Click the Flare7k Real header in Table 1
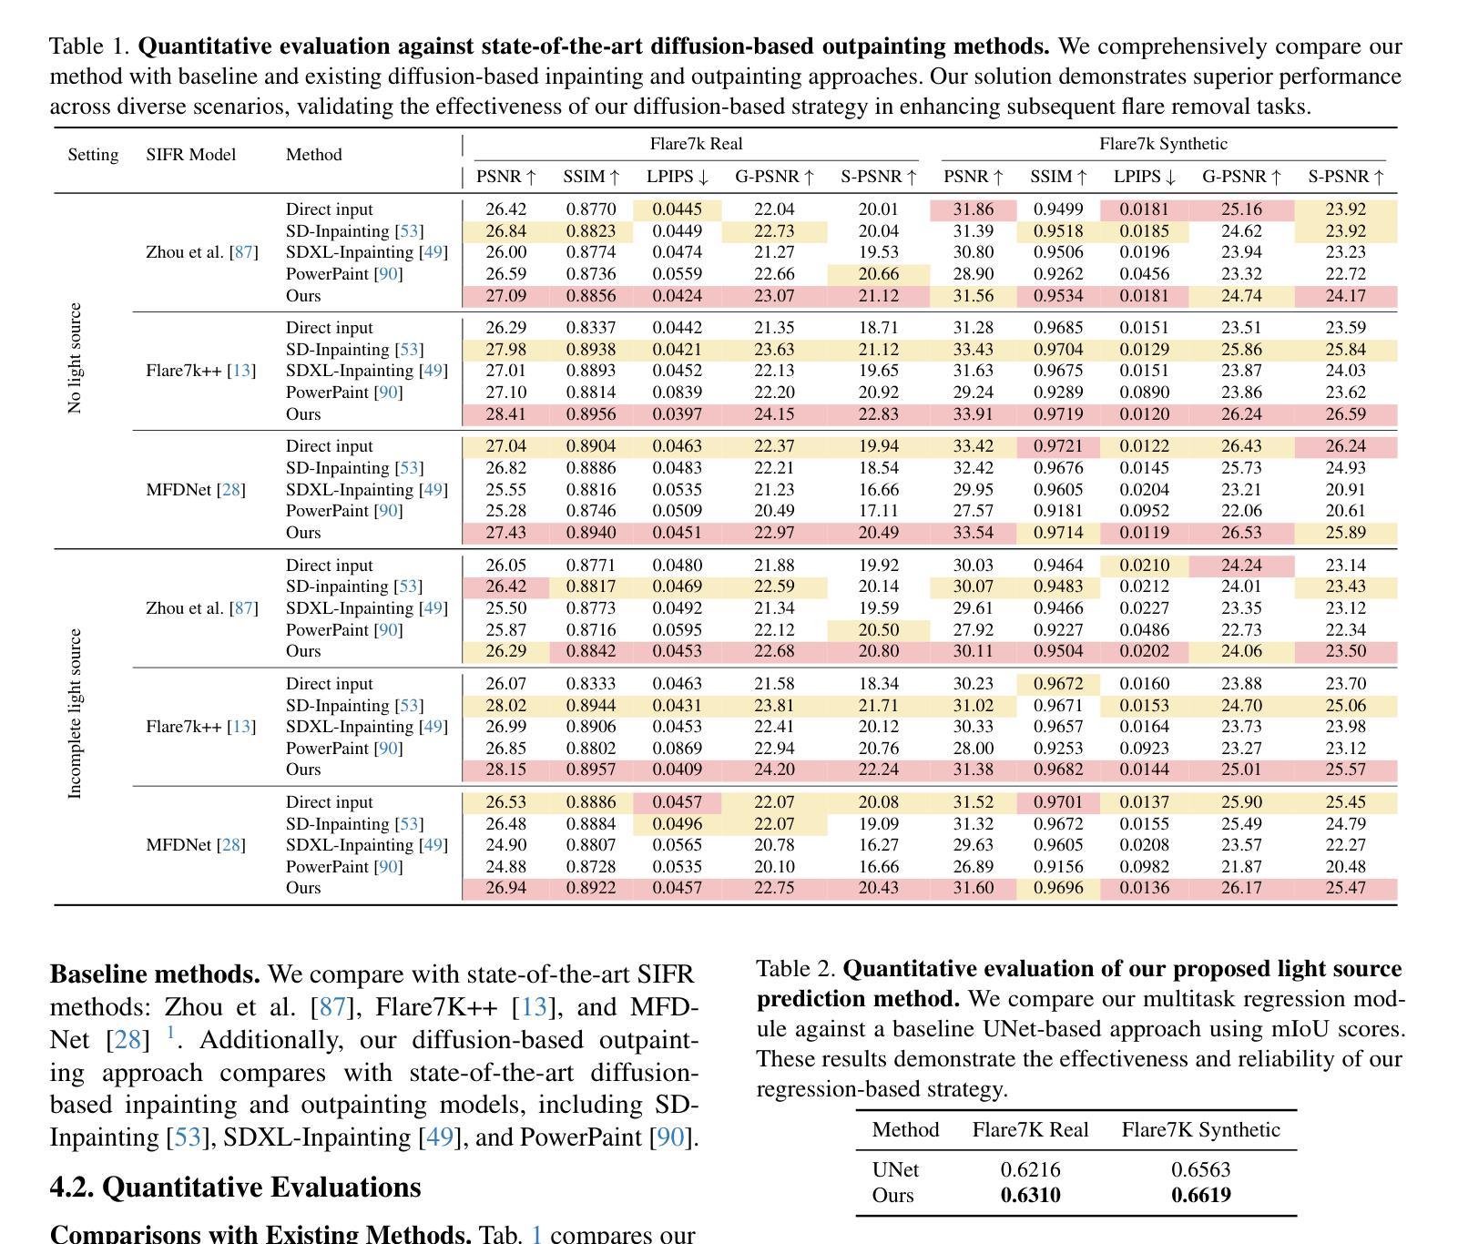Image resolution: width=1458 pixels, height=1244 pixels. coord(696,144)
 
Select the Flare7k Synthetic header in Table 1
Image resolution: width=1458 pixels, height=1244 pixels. coord(1163,144)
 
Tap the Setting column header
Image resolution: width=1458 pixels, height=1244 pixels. coord(93,155)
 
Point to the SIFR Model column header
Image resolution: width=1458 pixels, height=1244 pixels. coord(190,155)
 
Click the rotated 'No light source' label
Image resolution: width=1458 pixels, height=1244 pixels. coord(75,358)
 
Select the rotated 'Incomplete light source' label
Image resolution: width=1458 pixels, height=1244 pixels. coord(75,713)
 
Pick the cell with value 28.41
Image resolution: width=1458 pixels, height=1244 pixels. coord(505,414)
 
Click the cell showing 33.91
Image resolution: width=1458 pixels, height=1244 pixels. coord(973,414)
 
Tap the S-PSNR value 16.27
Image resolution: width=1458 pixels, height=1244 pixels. coord(878,845)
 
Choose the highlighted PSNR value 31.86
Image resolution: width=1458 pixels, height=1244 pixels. coord(973,209)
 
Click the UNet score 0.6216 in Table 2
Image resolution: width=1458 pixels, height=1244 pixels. coord(1030,1170)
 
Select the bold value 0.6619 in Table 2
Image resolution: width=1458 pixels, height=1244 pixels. coord(1200,1196)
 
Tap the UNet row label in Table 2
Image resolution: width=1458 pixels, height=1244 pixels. coord(895,1170)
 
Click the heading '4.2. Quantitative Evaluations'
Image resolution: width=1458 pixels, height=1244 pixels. coord(235,1188)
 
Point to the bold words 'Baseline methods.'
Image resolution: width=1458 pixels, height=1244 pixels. coord(155,974)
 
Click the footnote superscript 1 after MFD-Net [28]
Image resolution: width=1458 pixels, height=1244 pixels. coord(169,1033)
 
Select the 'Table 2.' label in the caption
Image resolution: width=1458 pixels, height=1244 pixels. coord(795,969)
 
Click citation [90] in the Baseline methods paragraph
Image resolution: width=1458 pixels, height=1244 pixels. coord(670,1137)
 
